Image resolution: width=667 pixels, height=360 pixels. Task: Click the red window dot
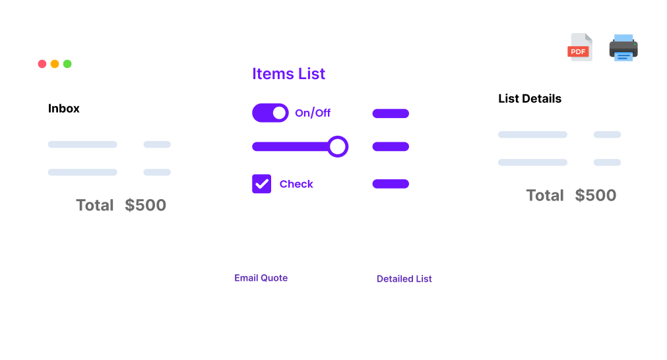(x=42, y=64)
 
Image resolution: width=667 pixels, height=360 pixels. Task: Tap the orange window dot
(x=55, y=64)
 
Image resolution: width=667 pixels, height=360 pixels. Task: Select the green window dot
(x=67, y=64)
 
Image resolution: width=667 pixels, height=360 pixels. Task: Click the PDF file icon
(x=580, y=47)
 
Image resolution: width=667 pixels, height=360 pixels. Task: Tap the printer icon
(x=623, y=47)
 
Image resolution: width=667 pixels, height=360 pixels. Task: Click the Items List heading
(x=288, y=74)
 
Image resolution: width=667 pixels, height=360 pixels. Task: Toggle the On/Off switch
(x=270, y=113)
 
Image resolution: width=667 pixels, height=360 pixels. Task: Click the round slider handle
(x=338, y=146)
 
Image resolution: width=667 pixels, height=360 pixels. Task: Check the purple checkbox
(x=262, y=183)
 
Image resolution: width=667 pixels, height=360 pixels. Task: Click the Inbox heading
(x=64, y=108)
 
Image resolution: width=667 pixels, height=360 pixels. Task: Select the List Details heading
(x=530, y=99)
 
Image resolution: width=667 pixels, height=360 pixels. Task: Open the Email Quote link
(x=261, y=278)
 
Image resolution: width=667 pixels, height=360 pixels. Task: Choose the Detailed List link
(x=404, y=279)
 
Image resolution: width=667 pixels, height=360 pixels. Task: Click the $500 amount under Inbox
(x=146, y=205)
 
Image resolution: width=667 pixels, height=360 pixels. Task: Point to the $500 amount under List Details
(x=596, y=195)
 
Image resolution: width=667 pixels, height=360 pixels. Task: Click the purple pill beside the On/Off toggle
(x=391, y=113)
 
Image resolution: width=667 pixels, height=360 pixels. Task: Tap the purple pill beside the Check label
(x=391, y=184)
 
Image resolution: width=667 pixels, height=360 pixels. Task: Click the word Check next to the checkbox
(x=296, y=184)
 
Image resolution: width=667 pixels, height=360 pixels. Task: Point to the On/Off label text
(x=313, y=113)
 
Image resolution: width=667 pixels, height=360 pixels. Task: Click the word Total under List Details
(x=545, y=196)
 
